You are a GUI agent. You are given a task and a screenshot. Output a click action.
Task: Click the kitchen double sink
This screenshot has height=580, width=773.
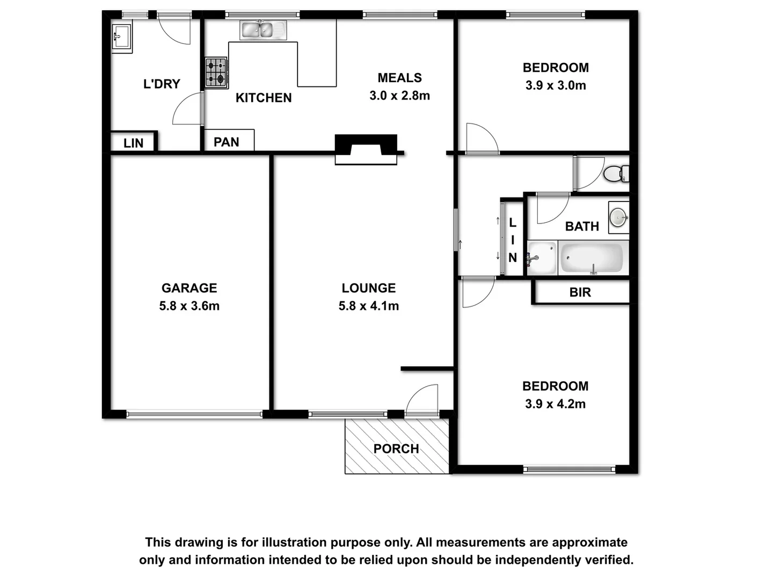pos(263,30)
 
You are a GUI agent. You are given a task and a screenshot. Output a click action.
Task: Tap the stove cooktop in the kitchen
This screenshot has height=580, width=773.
pos(216,73)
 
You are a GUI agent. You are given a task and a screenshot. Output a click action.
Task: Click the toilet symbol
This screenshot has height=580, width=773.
pos(615,173)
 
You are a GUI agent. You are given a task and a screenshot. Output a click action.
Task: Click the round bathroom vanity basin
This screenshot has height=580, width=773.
pos(618,218)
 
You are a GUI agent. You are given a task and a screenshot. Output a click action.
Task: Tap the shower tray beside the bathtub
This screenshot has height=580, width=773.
pos(542,258)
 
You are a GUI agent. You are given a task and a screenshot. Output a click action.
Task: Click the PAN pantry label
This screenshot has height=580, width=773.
pos(227,142)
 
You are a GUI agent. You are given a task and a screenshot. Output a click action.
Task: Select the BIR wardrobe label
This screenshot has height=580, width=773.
pos(580,292)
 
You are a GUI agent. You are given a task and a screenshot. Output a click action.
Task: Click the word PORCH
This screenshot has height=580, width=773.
pos(396,448)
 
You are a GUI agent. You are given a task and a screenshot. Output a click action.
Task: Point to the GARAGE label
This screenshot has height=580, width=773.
pos(189,288)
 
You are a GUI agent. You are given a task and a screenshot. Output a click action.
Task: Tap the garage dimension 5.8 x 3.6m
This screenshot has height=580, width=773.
pos(189,306)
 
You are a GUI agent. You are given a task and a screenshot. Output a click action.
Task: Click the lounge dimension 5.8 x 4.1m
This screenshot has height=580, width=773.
pos(369,306)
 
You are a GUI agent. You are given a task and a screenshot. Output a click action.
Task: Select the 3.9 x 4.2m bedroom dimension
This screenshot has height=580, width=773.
pos(555,404)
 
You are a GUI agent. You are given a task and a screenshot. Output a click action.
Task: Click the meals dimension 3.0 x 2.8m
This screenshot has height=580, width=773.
pos(399,96)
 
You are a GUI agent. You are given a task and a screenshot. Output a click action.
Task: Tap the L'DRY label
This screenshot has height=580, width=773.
pos(162,84)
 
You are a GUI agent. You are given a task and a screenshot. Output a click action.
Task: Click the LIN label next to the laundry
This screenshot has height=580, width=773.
pos(133,143)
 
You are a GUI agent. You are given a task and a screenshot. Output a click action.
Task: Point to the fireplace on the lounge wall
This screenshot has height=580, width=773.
pos(366,149)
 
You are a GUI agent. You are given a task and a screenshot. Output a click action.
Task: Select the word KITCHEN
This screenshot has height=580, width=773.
pos(264,98)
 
